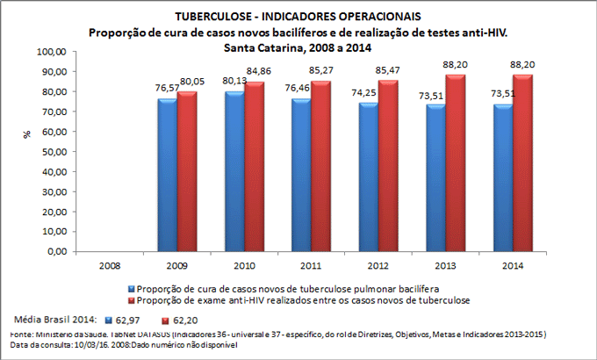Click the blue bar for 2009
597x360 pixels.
click(x=167, y=176)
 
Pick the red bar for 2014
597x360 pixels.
click(x=524, y=163)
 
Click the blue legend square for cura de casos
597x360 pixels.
click(x=132, y=287)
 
